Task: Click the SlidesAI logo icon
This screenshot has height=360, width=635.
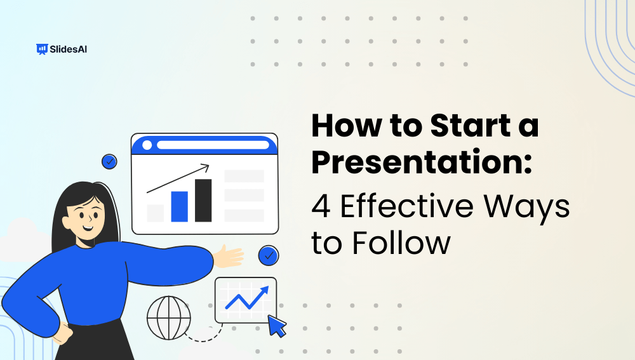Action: coord(43,49)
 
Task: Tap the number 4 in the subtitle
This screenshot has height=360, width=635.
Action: coord(322,206)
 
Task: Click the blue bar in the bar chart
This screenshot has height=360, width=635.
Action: coord(180,206)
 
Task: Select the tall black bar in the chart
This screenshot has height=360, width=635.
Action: coord(203,200)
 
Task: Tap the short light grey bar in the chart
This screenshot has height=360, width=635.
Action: coord(156,213)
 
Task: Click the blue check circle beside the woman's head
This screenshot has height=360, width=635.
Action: coord(109,162)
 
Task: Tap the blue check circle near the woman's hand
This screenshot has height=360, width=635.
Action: coord(269,256)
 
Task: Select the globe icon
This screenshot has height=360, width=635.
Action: coord(168,317)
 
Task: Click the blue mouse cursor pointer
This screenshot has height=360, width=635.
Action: coord(277,326)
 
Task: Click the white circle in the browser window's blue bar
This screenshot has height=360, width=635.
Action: coord(147,145)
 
